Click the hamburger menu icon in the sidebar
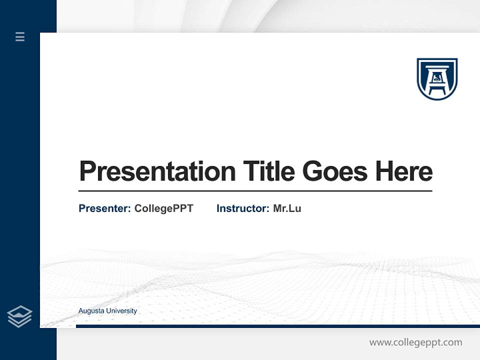[20, 36]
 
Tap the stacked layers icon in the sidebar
[19, 316]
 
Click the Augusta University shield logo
[437, 78]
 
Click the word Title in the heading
[268, 171]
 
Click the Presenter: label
[104, 208]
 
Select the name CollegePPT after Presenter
[163, 208]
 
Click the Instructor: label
[242, 208]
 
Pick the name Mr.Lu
[287, 208]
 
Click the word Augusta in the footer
[90, 311]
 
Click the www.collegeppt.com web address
[415, 342]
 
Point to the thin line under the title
[255, 191]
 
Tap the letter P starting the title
[87, 171]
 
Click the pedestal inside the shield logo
[437, 80]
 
